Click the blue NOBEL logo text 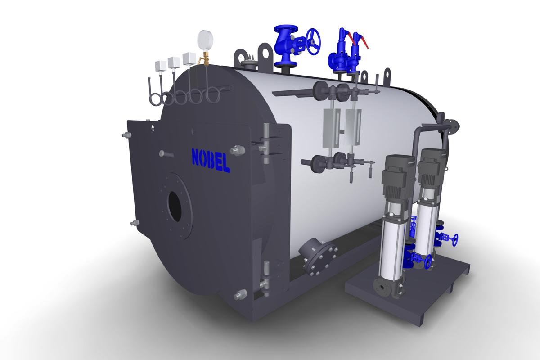pyautogui.click(x=211, y=160)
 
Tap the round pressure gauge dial pyautogui.click(x=205, y=40)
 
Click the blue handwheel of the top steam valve pyautogui.click(x=313, y=42)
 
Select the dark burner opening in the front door pyautogui.click(x=175, y=207)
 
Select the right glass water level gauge pyautogui.click(x=353, y=127)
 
